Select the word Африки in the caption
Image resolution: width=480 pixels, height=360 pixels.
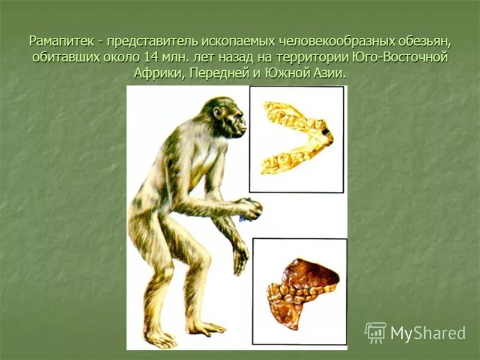tap(155, 74)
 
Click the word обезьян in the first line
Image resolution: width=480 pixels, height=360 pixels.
tap(424, 43)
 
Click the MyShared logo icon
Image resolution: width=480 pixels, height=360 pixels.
tap(375, 332)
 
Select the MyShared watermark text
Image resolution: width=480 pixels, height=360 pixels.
tap(428, 333)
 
